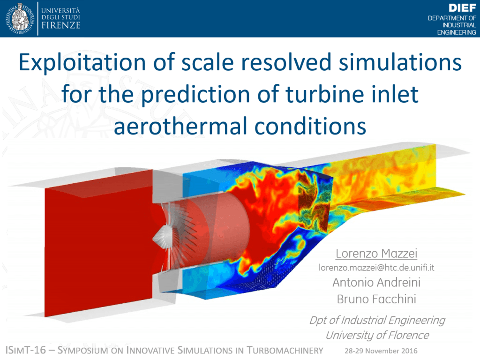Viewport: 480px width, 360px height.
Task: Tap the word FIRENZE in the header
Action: pyautogui.click(x=61, y=25)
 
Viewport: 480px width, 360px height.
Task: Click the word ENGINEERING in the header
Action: pyautogui.click(x=457, y=32)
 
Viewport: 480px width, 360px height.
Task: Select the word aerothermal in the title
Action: pyautogui.click(x=180, y=126)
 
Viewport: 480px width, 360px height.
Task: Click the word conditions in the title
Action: pyautogui.click(x=310, y=126)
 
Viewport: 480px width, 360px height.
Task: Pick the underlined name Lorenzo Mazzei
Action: pyautogui.click(x=376, y=254)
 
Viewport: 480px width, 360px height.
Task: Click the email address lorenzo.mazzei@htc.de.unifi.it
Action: pyautogui.click(x=376, y=268)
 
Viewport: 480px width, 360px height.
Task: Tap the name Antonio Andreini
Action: pyautogui.click(x=376, y=282)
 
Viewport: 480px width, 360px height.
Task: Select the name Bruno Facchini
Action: pyautogui.click(x=376, y=299)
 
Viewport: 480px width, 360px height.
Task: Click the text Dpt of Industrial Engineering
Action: pyautogui.click(x=377, y=321)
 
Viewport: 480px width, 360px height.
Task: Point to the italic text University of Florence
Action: pyautogui.click(x=377, y=335)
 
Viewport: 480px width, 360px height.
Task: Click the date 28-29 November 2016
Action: pyautogui.click(x=381, y=351)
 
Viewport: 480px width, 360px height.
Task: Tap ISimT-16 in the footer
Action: pyautogui.click(x=26, y=350)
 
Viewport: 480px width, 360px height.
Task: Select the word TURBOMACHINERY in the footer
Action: pyautogui.click(x=285, y=350)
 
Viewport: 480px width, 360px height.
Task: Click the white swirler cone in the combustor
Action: pyautogui.click(x=160, y=237)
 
